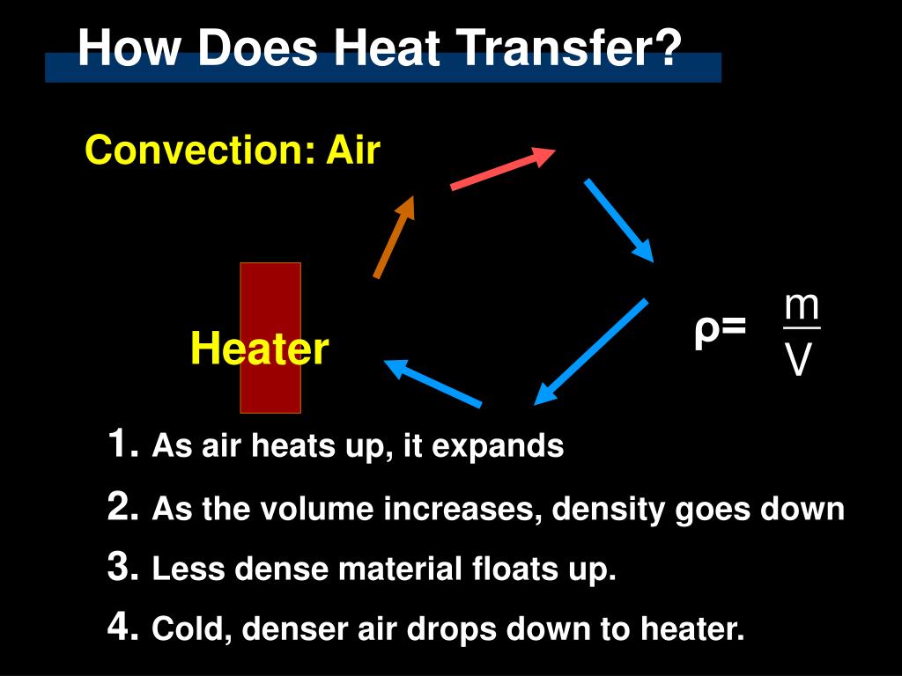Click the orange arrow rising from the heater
394,237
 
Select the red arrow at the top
502,169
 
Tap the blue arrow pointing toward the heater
433,383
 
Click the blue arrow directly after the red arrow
618,220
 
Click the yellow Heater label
259,349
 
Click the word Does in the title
257,48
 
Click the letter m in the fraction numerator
802,306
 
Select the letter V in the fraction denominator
798,360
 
